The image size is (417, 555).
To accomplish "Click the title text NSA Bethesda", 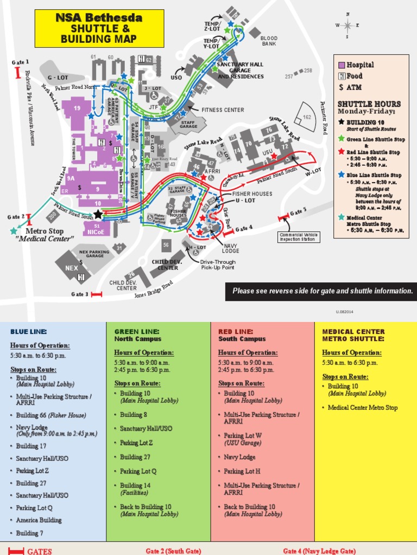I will pyautogui.click(x=99, y=18).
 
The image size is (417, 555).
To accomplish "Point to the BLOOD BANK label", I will pyautogui.click(x=269, y=41).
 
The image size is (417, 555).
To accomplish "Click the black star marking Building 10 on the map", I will pyautogui.click(x=98, y=214).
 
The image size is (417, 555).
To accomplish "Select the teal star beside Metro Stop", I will pyautogui.click(x=14, y=231).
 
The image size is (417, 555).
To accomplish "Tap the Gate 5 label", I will pyautogui.click(x=298, y=211).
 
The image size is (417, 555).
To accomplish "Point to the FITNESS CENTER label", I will pyautogui.click(x=223, y=109).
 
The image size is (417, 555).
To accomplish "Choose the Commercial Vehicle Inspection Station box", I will pyautogui.click(x=298, y=237).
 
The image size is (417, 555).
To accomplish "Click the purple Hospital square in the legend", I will pyautogui.click(x=342, y=64).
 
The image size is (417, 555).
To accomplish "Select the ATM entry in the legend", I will pyautogui.click(x=350, y=87).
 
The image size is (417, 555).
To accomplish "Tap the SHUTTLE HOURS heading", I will pyautogui.click(x=369, y=104).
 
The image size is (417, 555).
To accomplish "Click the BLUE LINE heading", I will pyautogui.click(x=28, y=331).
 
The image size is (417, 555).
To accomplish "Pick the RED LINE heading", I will pyautogui.click(x=236, y=331).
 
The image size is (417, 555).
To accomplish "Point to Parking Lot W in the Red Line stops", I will pyautogui.click(x=243, y=435).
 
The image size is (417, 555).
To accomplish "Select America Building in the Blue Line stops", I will pyautogui.click(x=39, y=520).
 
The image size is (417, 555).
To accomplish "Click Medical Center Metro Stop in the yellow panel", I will pyautogui.click(x=363, y=408).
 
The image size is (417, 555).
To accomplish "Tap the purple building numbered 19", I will pyautogui.click(x=77, y=109).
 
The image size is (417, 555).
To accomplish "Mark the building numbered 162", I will pyautogui.click(x=307, y=117).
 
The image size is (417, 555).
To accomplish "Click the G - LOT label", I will pyautogui.click(x=58, y=78).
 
